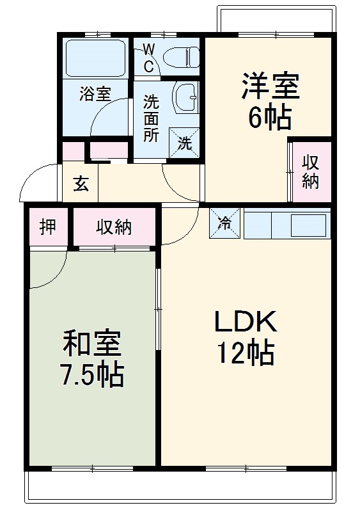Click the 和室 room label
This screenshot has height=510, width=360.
tap(91, 344)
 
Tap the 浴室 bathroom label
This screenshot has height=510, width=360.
tap(95, 93)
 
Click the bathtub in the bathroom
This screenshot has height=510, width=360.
tap(95, 58)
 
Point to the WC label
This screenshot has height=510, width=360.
tap(148, 58)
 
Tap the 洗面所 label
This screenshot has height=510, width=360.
tap(151, 118)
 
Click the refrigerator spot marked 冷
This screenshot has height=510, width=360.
tap(225, 223)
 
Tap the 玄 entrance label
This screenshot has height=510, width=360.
tap(81, 184)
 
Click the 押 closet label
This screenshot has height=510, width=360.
tap(48, 227)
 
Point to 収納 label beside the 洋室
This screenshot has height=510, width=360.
tap(311, 171)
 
